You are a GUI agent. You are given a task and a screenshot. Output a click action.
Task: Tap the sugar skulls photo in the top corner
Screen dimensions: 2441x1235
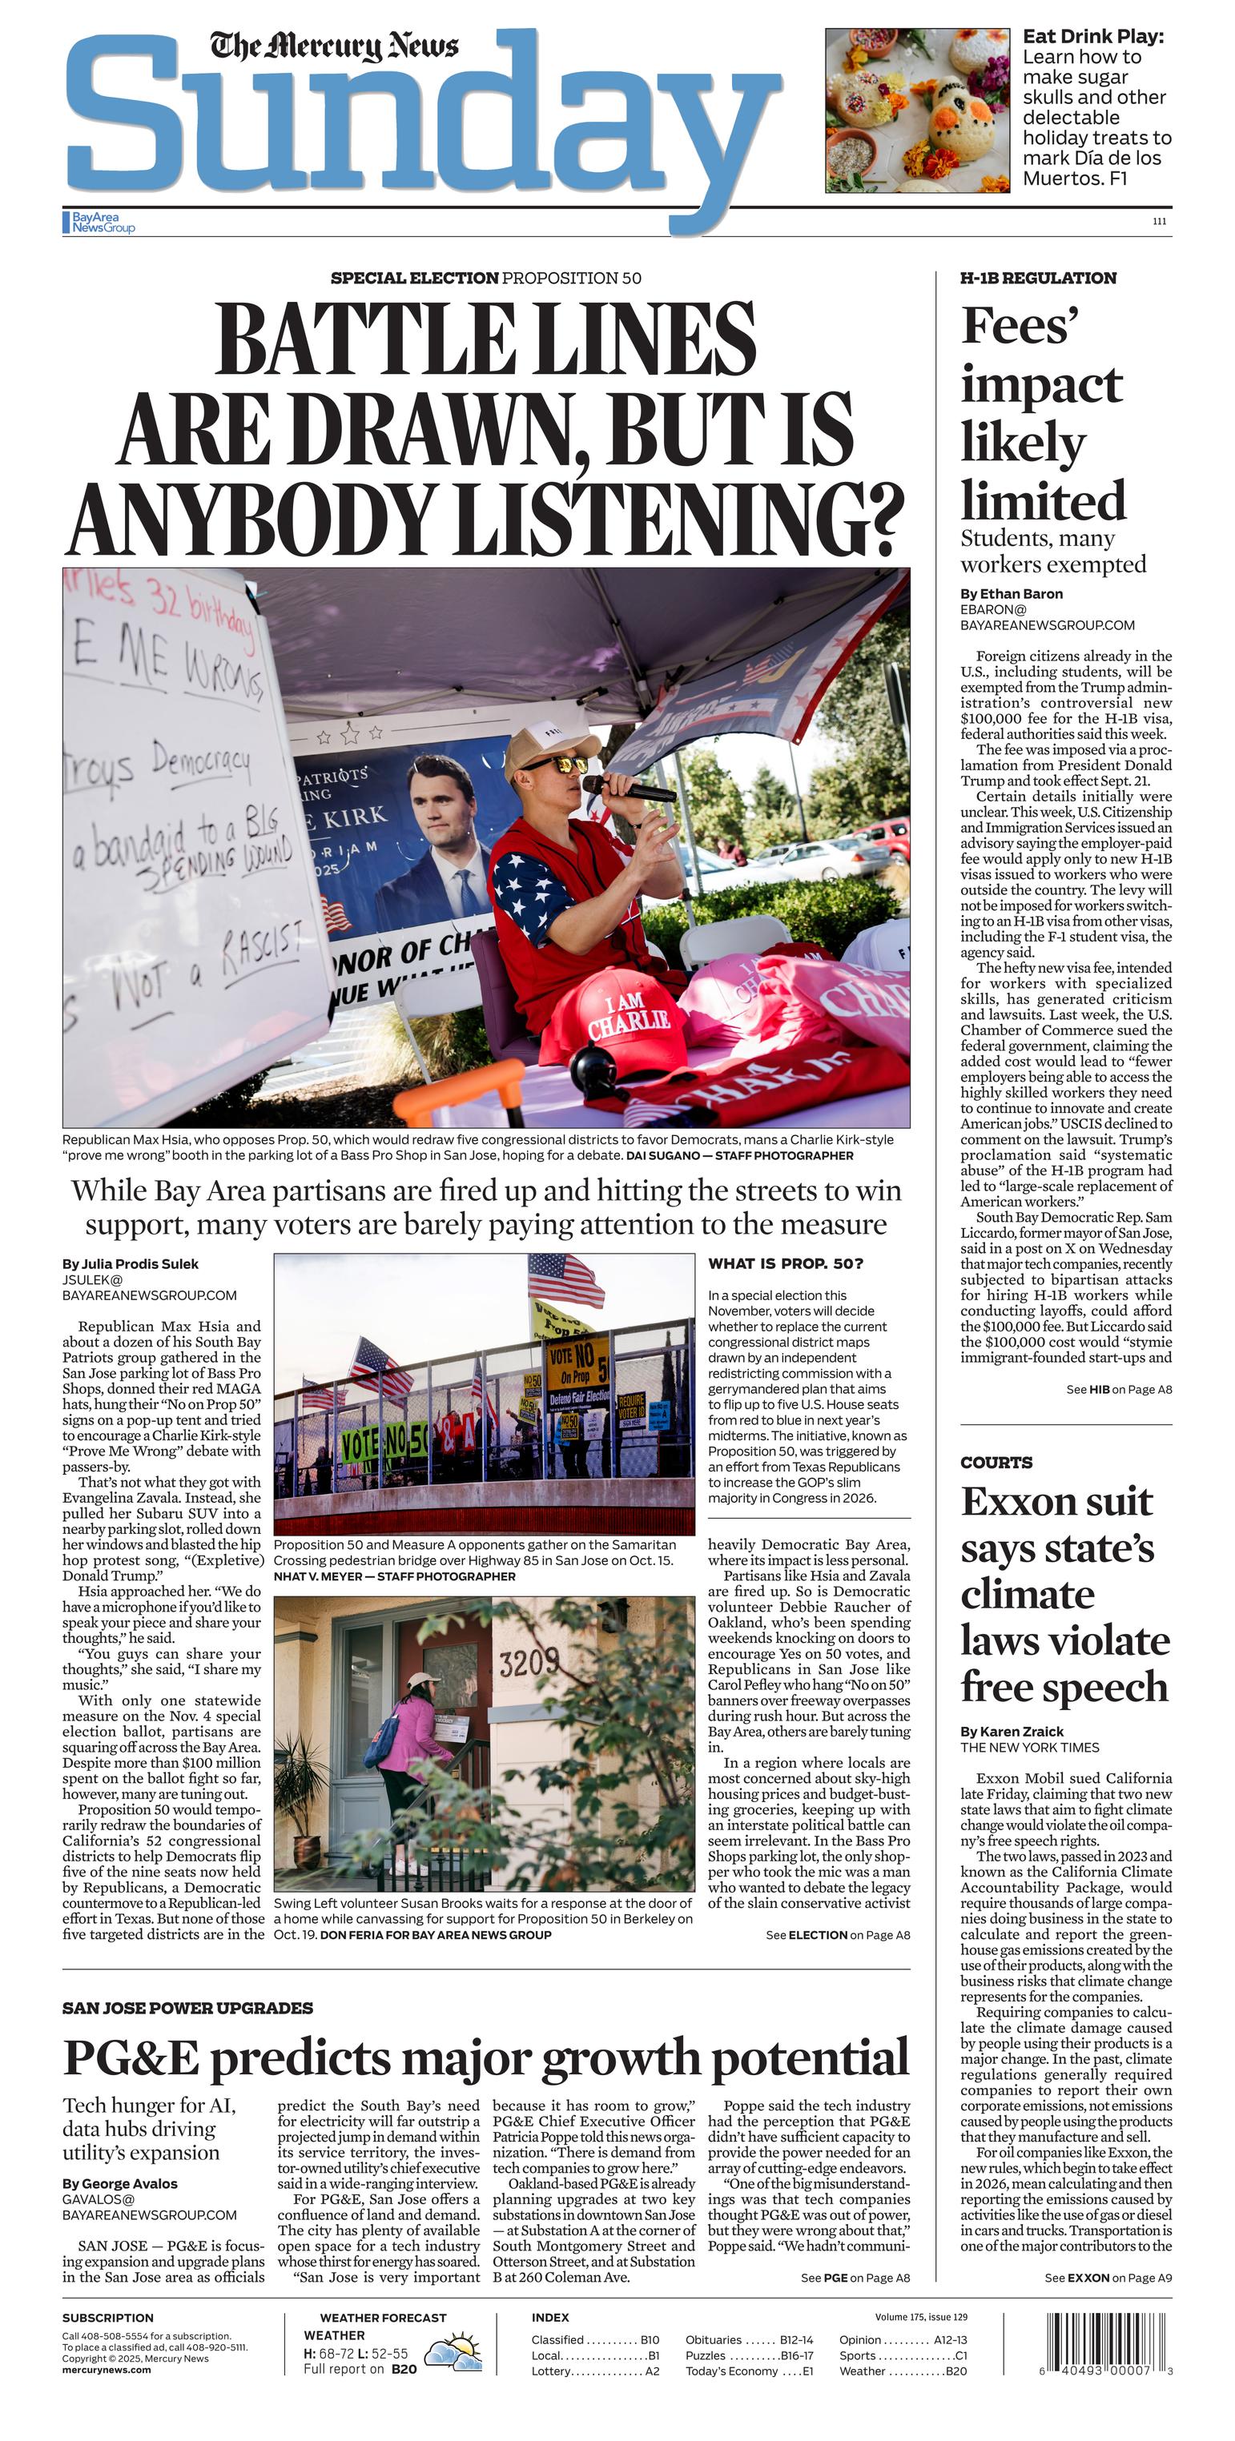coord(916,110)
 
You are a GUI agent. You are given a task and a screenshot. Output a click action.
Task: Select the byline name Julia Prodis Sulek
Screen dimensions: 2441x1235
coord(130,1264)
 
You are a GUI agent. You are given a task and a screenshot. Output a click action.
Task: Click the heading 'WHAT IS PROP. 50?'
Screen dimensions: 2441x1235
coord(786,1263)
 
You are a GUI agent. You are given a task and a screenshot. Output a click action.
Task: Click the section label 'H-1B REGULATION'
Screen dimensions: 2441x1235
coord(1038,278)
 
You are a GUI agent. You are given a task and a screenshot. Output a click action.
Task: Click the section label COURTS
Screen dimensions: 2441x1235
coord(996,1462)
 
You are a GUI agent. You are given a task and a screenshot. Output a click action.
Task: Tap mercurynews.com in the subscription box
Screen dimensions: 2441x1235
coord(107,2370)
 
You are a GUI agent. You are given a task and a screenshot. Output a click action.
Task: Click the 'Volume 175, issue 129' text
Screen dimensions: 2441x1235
coord(920,2317)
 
